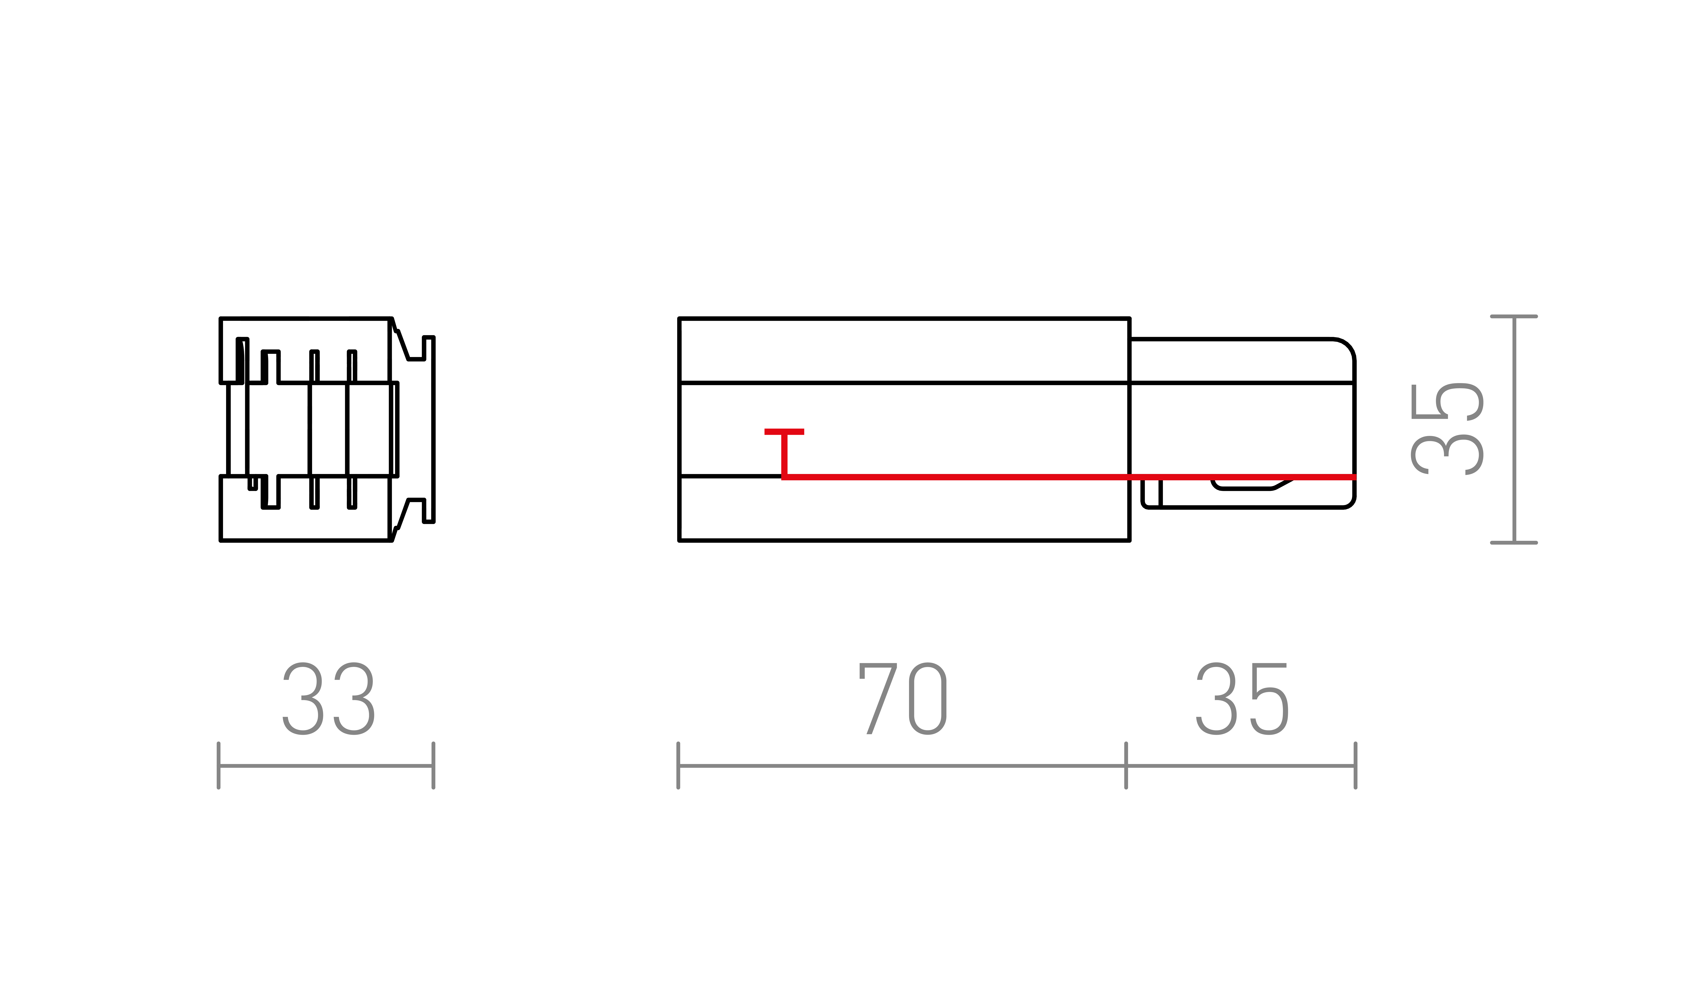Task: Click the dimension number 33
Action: coord(328,698)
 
